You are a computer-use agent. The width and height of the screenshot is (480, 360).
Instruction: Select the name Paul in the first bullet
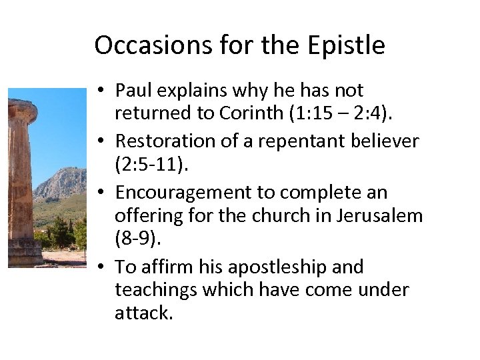tap(133, 90)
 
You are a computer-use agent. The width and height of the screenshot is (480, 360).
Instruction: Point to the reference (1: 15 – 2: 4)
tap(341, 113)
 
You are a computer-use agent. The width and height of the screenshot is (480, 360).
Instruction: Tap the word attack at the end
tap(143, 313)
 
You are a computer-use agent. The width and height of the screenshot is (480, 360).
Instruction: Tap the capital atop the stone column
tap(21, 111)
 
